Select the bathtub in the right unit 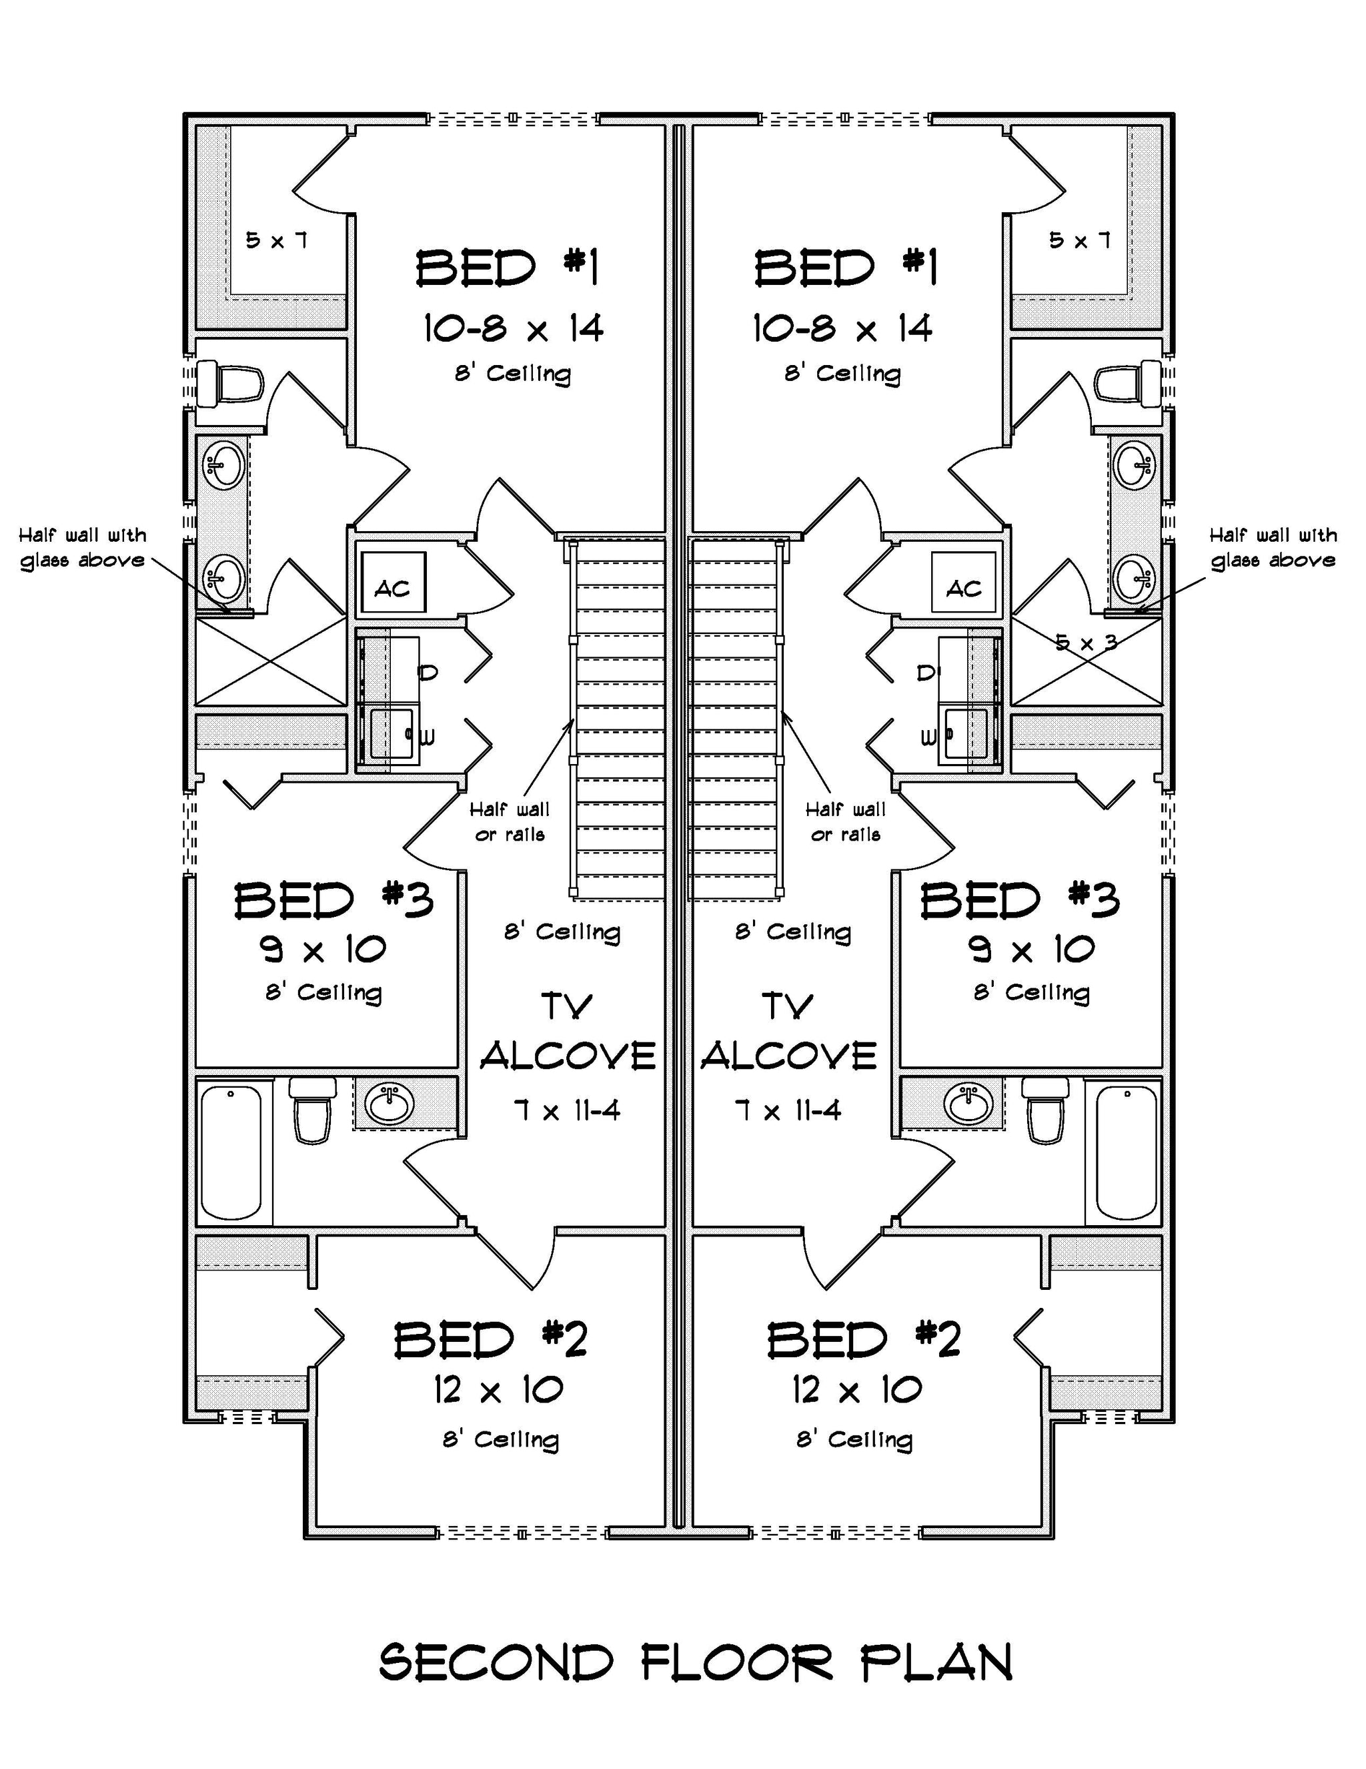click(1125, 1152)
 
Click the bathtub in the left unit click(231, 1152)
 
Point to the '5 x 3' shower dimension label click(1087, 643)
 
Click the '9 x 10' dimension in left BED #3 click(323, 948)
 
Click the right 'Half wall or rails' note click(845, 821)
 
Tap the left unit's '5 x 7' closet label click(276, 240)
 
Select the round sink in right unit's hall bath click(968, 1103)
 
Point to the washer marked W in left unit click(393, 735)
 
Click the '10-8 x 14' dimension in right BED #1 click(842, 329)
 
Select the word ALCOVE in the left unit click(568, 1056)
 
